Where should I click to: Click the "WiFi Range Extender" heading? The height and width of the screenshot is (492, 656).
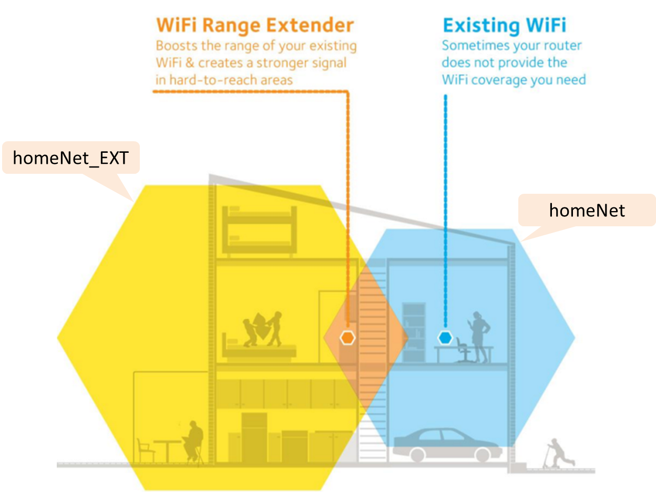point(255,25)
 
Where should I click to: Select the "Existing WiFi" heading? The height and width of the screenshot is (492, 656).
point(505,25)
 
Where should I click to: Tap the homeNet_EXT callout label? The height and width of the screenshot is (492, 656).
point(71,158)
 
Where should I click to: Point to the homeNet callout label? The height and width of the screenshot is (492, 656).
point(587,211)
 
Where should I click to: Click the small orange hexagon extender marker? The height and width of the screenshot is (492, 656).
point(347,338)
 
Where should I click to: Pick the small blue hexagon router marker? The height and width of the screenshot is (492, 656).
point(445,338)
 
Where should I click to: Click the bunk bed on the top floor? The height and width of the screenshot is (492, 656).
point(259,231)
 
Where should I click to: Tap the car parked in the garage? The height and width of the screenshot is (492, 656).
point(447,445)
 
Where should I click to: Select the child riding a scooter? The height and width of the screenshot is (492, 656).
point(558,453)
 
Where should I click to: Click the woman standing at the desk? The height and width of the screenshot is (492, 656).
point(479,337)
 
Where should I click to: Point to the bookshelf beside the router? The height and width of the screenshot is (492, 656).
point(414,332)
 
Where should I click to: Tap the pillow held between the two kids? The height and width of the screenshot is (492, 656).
point(261,326)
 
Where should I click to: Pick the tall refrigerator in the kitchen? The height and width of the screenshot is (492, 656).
point(254,437)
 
